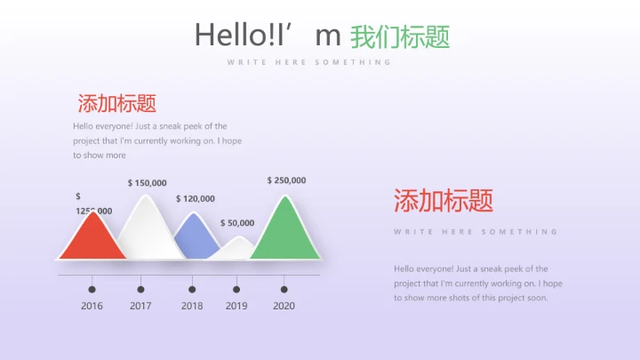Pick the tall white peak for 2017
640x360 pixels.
point(146,227)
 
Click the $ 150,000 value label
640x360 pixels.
point(147,183)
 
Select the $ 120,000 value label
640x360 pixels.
point(196,199)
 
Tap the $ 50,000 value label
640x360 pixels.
point(237,223)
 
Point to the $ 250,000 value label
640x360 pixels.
point(286,180)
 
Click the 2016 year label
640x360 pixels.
point(92,306)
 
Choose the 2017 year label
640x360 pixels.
point(140,306)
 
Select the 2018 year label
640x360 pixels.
point(192,306)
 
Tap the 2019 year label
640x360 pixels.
point(236,306)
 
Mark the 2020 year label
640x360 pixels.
point(284,306)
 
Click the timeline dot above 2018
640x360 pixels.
point(192,289)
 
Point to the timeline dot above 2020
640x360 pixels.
point(284,289)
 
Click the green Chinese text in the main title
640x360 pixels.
point(400,36)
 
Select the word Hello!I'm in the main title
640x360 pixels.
point(268,36)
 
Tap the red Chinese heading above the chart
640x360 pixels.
point(117,103)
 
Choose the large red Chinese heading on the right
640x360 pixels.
point(443,201)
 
